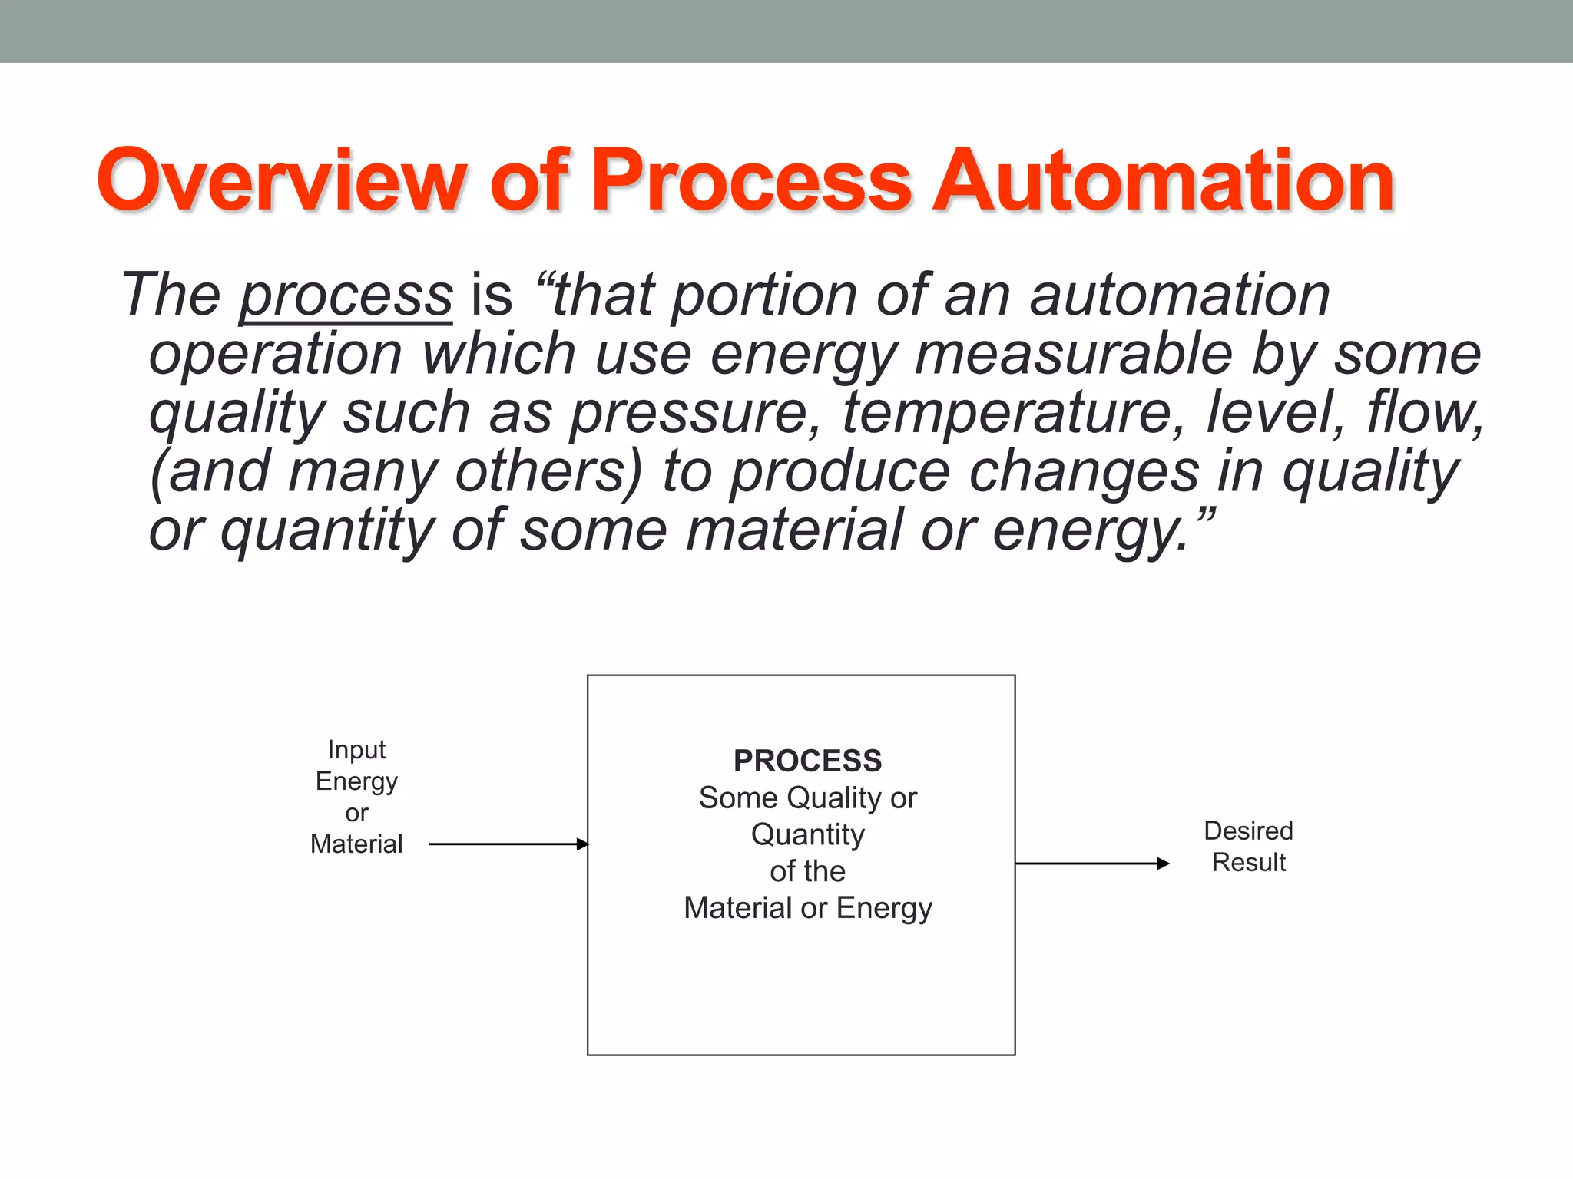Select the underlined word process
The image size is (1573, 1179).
[346, 296]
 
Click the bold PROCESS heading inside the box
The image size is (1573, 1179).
[807, 761]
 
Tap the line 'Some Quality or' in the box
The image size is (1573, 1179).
[807, 798]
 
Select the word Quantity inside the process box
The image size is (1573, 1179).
[807, 834]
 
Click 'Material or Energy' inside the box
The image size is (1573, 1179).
[807, 908]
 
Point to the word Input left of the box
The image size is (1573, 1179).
[356, 749]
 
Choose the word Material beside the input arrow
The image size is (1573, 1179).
[356, 844]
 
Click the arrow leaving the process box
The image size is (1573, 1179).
[1091, 864]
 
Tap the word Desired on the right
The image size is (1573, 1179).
[1248, 831]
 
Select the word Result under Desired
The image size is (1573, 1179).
[1248, 863]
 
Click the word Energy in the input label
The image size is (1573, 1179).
[356, 781]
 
